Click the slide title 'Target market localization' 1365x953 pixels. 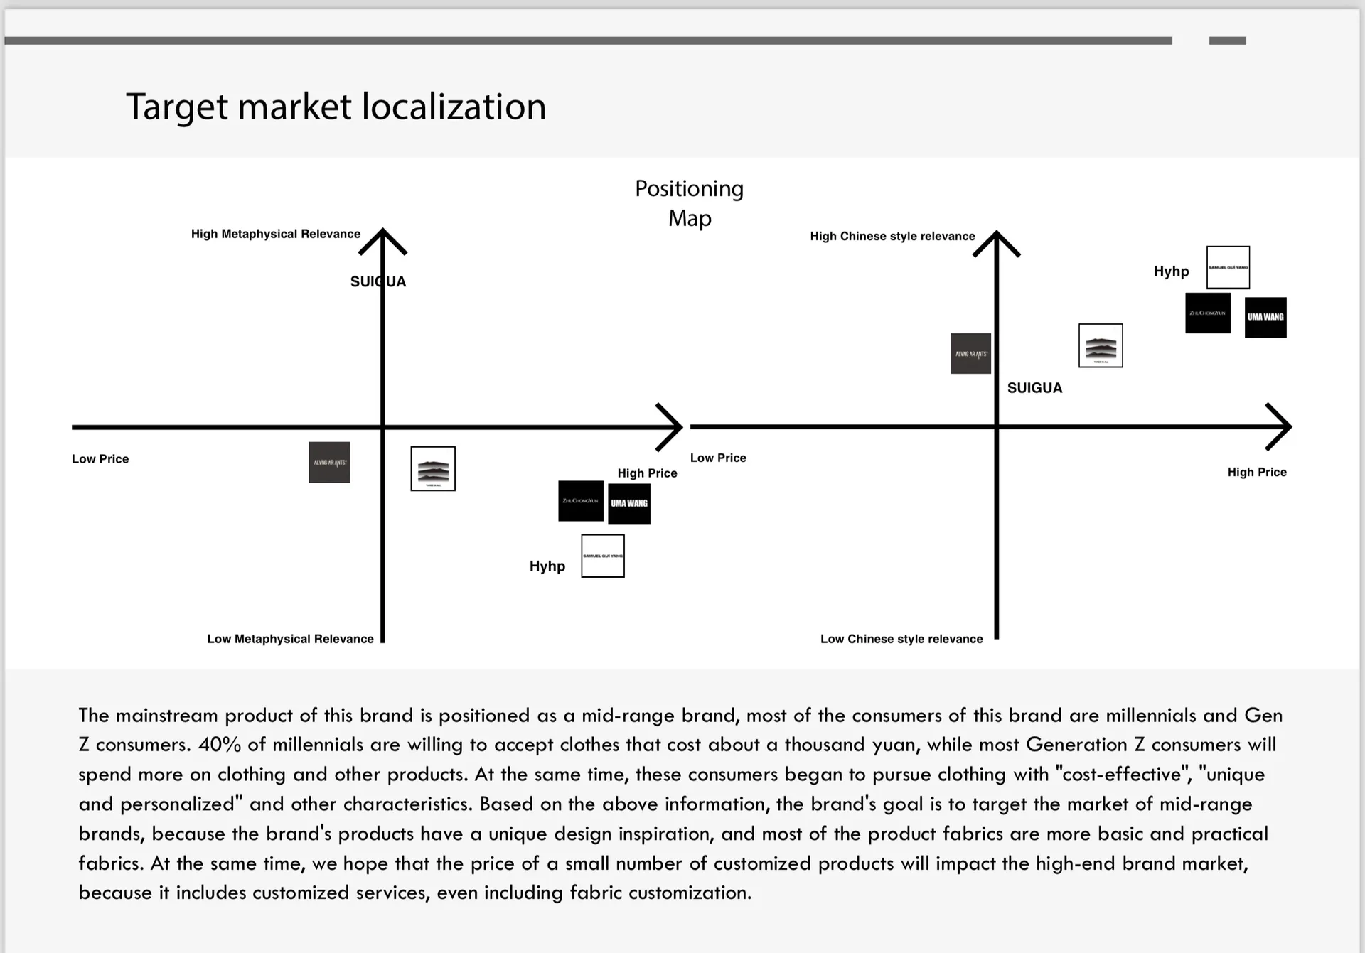point(336,107)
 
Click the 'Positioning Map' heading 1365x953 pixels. point(689,203)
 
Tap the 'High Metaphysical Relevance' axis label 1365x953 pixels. point(275,234)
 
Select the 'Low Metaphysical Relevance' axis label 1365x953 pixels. point(290,639)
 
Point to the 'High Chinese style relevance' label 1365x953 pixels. point(892,236)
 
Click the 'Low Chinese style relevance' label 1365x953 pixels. point(901,639)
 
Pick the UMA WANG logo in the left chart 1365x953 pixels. point(629,504)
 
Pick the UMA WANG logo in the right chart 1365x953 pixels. point(1265,317)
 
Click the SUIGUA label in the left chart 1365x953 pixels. point(378,281)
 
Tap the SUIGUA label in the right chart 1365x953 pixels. point(1034,388)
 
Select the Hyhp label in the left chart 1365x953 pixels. point(547,566)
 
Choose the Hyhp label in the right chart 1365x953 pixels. point(1171,271)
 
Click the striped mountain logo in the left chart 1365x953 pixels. point(433,469)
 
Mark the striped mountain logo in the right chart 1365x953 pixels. point(1101,345)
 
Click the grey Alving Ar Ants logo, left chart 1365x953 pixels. point(329,463)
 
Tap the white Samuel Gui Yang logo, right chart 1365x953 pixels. point(1228,267)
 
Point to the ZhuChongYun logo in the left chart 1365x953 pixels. point(580,501)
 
